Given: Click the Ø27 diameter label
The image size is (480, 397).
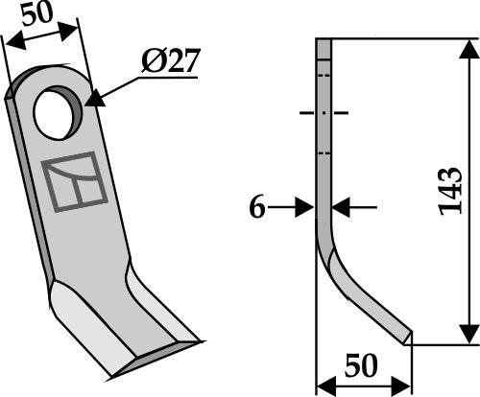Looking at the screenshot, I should click(x=170, y=60).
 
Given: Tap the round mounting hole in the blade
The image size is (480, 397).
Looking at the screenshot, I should click(x=55, y=112).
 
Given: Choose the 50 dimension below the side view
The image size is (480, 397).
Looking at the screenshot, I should click(x=364, y=365).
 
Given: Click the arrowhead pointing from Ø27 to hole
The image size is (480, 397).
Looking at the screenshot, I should click(x=96, y=100).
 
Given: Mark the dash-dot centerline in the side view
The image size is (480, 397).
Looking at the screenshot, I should click(x=323, y=113).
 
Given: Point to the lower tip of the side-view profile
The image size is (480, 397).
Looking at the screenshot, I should click(x=409, y=339).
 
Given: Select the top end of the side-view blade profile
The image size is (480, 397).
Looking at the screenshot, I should click(x=323, y=41).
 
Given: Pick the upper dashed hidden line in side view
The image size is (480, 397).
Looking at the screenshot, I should click(x=323, y=76).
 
